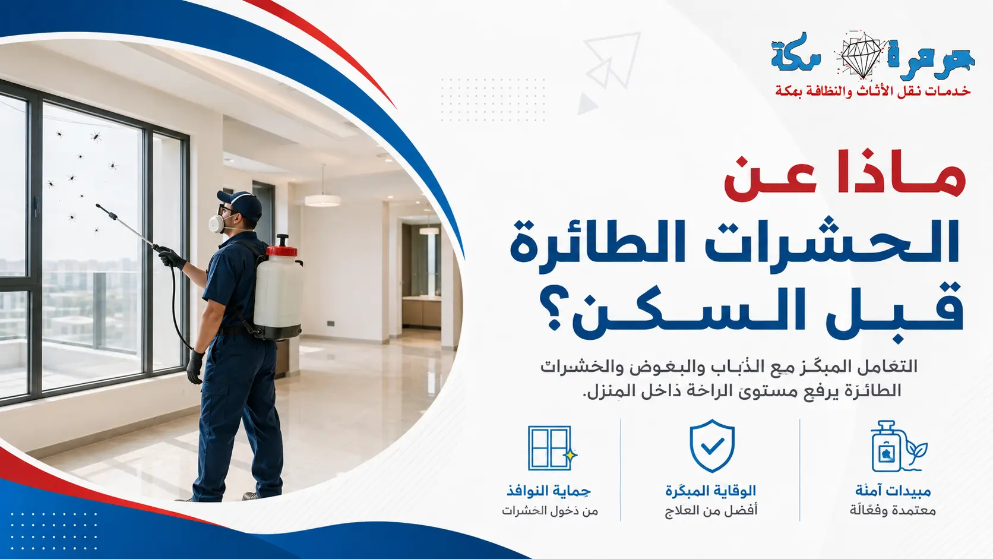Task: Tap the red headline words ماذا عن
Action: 845,177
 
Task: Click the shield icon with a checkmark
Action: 712,446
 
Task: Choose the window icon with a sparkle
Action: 552,448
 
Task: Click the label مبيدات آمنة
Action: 893,491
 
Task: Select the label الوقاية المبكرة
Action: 710,491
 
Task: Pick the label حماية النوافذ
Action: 549,491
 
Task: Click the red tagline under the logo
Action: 872,91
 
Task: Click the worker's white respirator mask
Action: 217,223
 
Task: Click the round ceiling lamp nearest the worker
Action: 322,200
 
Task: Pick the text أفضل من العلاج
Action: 711,511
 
